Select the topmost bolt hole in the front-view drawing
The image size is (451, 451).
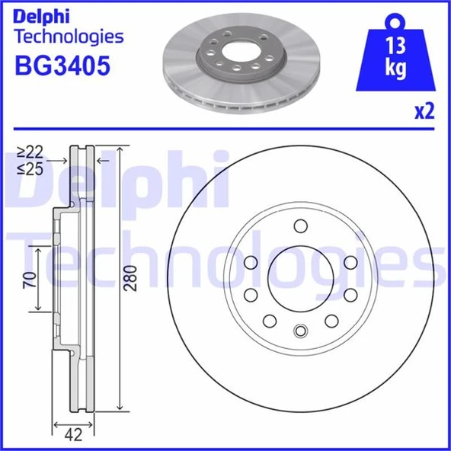(299, 225)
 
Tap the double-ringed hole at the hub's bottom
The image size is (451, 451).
(299, 331)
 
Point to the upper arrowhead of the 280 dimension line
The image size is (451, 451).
(121, 149)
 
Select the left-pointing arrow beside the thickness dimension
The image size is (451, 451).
(102, 161)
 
